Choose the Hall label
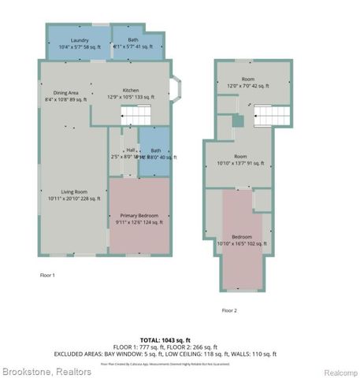[130, 150]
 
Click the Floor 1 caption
[47, 275]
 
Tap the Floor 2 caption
[229, 309]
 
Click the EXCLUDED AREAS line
[165, 354]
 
